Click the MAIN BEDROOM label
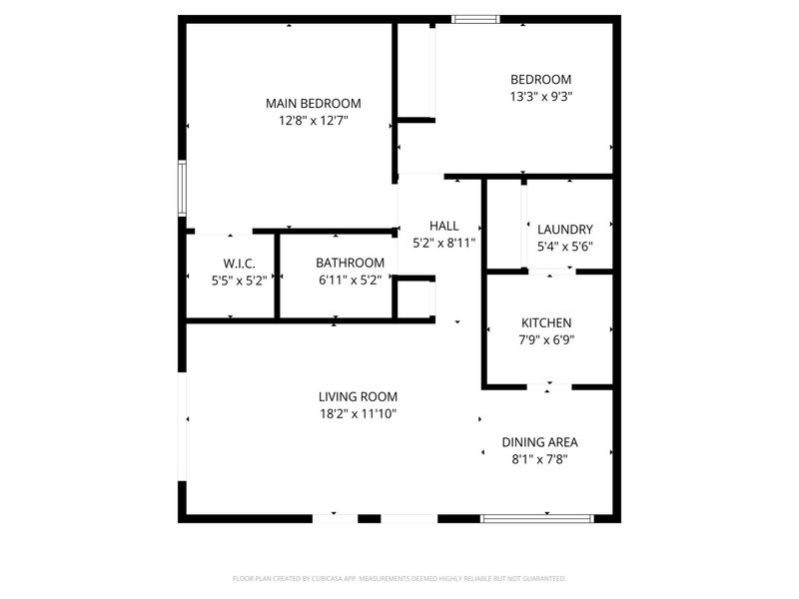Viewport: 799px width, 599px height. coord(313,103)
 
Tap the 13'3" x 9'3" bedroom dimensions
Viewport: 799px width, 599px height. coord(540,97)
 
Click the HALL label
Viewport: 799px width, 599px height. coord(443,226)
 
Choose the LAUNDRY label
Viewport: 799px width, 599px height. coord(564,229)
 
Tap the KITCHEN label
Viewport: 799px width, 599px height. coord(546,322)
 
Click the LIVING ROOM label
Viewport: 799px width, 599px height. coord(358,396)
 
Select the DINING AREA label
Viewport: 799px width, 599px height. coord(539,442)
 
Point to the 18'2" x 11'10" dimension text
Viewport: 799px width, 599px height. coord(358,413)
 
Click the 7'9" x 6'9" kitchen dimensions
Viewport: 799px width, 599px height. coord(546,339)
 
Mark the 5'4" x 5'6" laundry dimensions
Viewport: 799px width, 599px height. coord(564,247)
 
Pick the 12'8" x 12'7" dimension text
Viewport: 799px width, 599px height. coord(313,121)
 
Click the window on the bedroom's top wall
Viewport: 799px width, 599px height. coord(474,18)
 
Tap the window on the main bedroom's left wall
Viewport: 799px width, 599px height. coord(182,187)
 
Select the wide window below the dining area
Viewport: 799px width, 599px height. coord(537,518)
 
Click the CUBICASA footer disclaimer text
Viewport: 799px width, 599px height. coord(399,578)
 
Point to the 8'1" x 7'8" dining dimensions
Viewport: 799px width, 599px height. coord(539,459)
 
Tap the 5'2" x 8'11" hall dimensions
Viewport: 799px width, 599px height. coord(443,243)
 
